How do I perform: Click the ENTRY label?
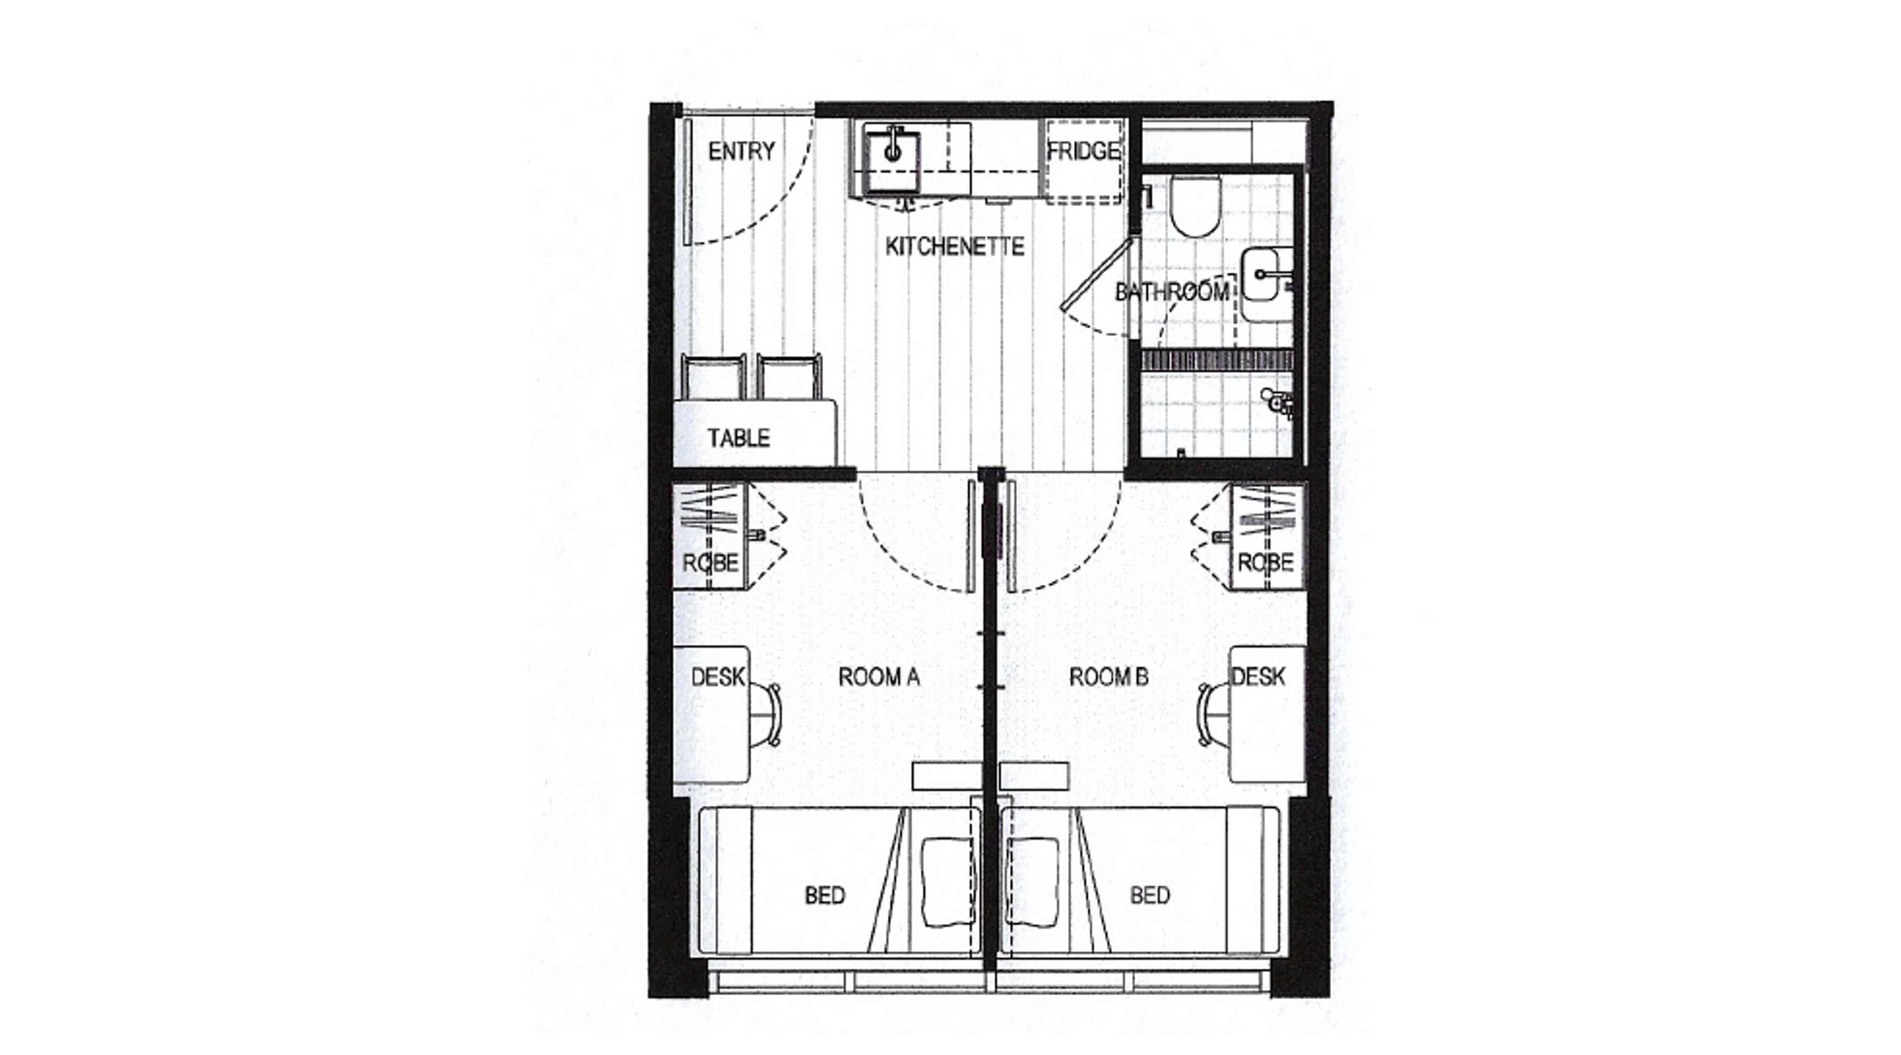pos(742,151)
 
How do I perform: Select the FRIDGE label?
pos(1083,151)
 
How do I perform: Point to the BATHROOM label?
pos(1172,292)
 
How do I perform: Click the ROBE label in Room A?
pos(710,564)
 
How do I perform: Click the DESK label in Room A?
pos(717,676)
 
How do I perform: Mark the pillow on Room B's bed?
pos(1033,882)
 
